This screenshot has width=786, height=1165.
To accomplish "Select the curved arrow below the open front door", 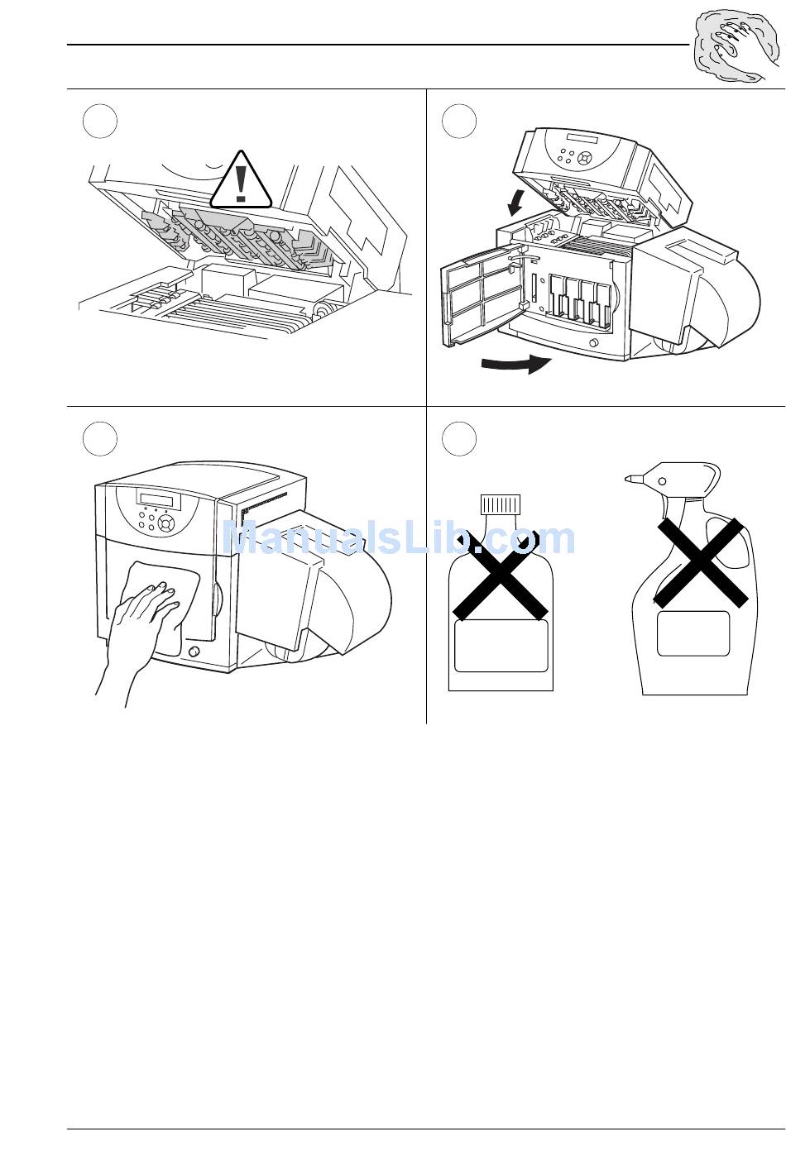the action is point(516,364).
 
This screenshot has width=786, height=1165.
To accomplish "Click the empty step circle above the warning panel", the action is point(100,122).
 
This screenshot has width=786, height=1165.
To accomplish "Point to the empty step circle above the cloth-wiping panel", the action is point(100,439).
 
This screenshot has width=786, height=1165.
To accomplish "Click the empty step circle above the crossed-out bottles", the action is point(459,439).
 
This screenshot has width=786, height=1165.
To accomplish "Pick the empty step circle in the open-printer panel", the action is point(459,122).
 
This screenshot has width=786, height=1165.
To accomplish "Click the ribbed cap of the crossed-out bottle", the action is point(501,504).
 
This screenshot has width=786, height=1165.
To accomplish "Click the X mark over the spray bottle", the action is point(701,562).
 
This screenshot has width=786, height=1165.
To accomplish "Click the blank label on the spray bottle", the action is point(693,633).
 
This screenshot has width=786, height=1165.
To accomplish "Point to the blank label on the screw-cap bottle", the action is point(501,646).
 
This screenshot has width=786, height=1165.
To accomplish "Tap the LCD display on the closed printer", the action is point(160,499).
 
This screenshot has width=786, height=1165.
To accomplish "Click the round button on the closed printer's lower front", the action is point(194,652).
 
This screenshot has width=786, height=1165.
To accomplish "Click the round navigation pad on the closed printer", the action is point(166,523).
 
